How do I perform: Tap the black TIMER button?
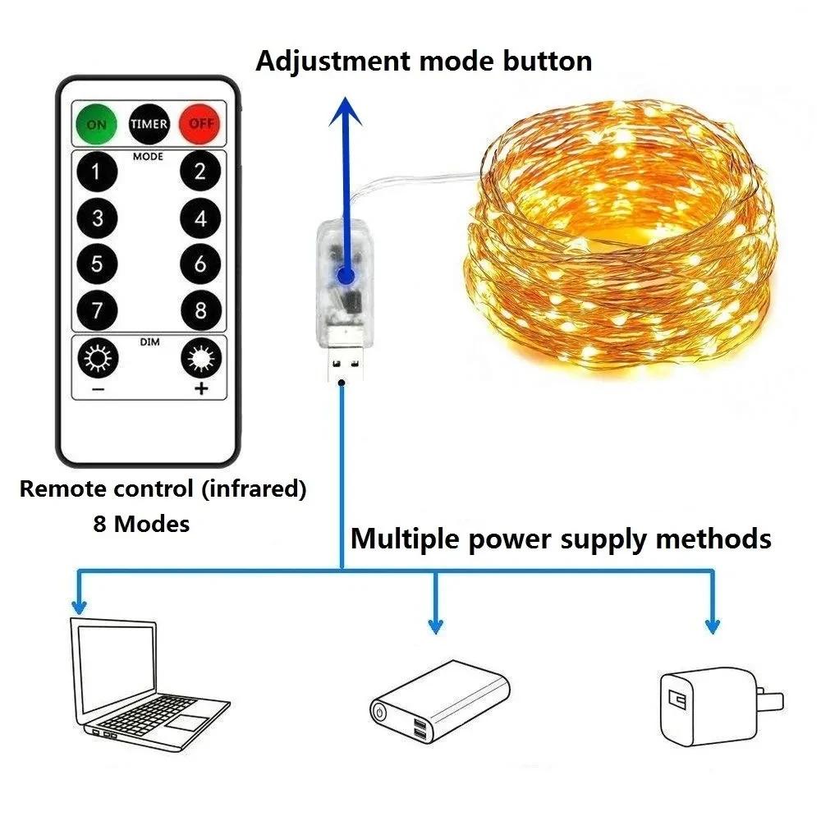149,124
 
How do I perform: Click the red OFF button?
200,124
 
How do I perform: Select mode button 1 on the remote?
97,172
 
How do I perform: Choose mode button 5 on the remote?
97,264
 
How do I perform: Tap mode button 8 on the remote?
201,311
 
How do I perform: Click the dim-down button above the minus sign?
97,358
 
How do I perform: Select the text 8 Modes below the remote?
141,524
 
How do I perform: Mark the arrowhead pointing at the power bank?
436,626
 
